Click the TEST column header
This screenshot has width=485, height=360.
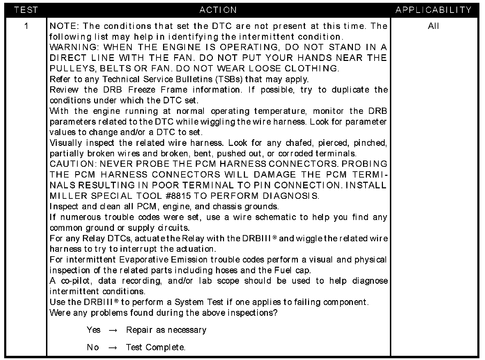26,10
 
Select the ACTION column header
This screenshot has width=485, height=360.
218,10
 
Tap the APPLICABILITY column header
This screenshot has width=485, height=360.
433,10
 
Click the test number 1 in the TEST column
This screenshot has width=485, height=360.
26,26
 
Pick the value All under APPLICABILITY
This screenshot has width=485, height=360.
433,26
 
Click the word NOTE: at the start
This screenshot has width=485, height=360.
64,26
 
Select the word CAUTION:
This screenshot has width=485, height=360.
72,164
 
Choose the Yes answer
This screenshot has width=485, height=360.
93,330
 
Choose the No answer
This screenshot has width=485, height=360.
93,347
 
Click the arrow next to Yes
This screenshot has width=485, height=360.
113,330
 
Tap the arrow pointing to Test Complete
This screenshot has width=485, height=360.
113,348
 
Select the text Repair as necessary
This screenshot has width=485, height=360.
166,330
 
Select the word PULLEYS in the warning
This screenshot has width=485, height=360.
70,69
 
